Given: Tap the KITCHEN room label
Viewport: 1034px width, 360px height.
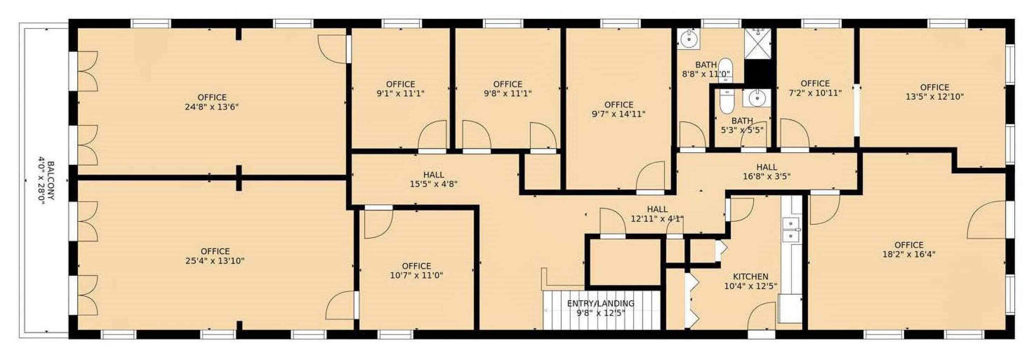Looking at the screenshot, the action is pyautogui.click(x=751, y=277).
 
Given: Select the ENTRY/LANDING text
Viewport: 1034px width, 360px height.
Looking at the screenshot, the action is pyautogui.click(x=600, y=304).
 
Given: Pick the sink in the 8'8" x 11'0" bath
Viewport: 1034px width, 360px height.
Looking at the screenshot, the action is pyautogui.click(x=688, y=39).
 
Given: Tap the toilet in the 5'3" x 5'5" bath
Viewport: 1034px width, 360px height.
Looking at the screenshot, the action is pyautogui.click(x=727, y=102).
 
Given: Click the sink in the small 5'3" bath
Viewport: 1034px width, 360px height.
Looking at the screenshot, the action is pyautogui.click(x=757, y=97).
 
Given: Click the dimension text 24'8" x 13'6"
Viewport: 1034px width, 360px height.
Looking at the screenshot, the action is pyautogui.click(x=212, y=107).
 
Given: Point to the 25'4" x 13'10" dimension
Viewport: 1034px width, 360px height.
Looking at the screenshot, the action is pyautogui.click(x=215, y=261).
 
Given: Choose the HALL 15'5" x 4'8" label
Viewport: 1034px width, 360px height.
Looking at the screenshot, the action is pyautogui.click(x=434, y=179).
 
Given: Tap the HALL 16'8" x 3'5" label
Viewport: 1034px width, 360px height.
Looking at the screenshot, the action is pyautogui.click(x=767, y=171).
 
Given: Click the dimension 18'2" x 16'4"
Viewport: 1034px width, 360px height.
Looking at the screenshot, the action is pyautogui.click(x=909, y=254).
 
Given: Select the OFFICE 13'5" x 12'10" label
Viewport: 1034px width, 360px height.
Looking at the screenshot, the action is pyautogui.click(x=934, y=92).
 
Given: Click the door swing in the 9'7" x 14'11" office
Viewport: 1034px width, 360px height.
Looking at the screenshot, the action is pyautogui.click(x=650, y=175).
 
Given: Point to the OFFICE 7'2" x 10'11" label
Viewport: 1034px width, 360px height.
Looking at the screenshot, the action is pyautogui.click(x=815, y=88).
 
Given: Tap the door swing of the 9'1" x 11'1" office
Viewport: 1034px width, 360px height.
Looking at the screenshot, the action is pyautogui.click(x=432, y=134).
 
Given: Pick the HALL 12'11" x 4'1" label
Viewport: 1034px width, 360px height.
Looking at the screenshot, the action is pyautogui.click(x=657, y=214).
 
